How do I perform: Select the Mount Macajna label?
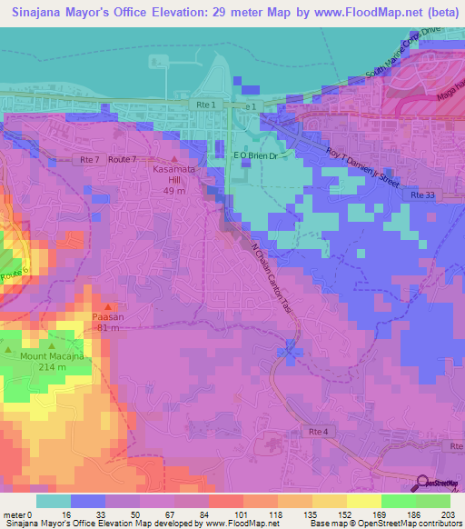coord(53,356)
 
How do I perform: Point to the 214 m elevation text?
coord(53,367)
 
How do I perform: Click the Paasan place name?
coord(108,317)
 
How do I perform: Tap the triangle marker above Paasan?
coord(108,306)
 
